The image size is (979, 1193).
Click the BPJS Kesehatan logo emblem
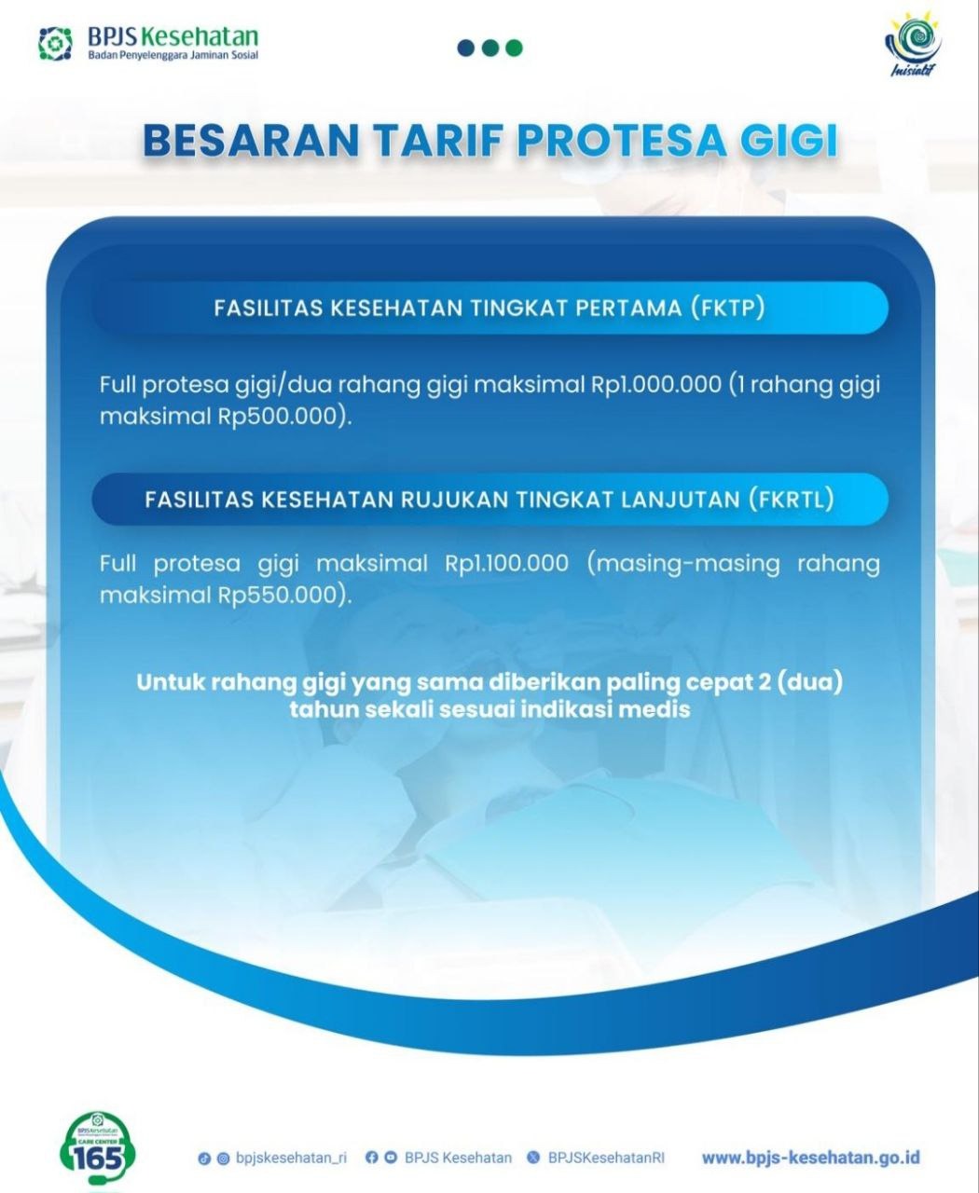coord(55,44)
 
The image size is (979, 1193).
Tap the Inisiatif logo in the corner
coord(913,47)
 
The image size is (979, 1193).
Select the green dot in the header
coord(514,48)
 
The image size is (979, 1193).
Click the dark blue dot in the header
coord(466,48)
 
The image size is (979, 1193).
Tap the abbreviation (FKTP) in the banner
coord(727,309)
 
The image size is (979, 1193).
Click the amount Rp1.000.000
coord(656,385)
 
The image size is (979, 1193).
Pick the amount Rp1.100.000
coord(506,564)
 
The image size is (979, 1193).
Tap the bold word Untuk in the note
coord(170,682)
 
